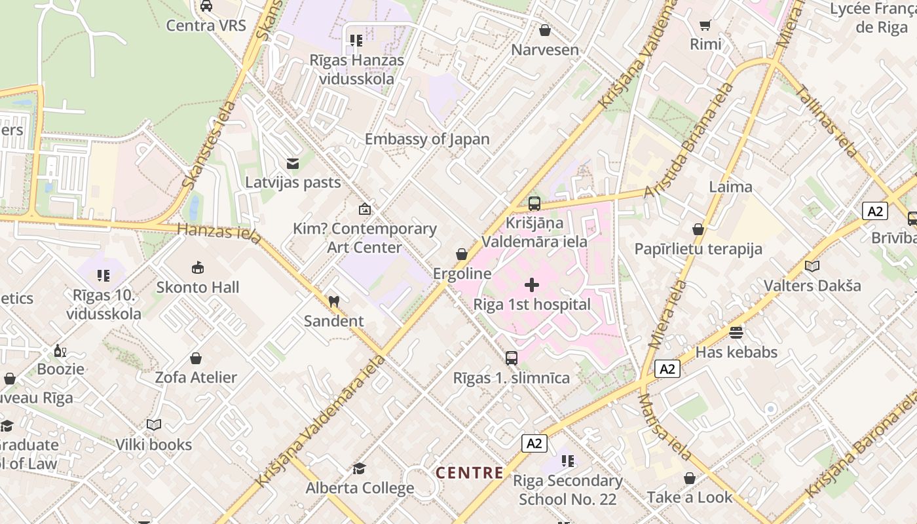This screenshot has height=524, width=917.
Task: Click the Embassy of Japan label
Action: [427, 139]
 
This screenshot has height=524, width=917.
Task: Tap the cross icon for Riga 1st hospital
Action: [532, 285]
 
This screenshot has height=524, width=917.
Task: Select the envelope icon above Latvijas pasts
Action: [293, 163]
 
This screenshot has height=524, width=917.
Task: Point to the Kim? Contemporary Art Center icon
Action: [364, 210]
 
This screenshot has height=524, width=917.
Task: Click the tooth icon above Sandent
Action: [333, 302]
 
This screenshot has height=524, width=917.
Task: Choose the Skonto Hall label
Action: [197, 287]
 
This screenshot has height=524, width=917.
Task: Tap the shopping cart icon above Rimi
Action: [705, 26]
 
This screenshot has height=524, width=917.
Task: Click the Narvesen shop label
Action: [545, 50]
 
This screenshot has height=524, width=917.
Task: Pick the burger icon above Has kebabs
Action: [736, 333]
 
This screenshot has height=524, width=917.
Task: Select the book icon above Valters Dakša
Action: [812, 267]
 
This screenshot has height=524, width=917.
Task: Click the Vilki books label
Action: [154, 445]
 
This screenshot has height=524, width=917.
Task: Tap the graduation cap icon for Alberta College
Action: [359, 468]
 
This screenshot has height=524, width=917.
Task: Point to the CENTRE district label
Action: [470, 473]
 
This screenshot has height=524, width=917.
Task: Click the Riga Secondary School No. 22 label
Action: [567, 490]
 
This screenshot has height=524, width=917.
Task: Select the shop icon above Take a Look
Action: [690, 478]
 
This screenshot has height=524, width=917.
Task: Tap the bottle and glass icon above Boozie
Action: [60, 350]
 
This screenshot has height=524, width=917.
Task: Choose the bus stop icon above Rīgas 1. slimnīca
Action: [512, 358]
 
